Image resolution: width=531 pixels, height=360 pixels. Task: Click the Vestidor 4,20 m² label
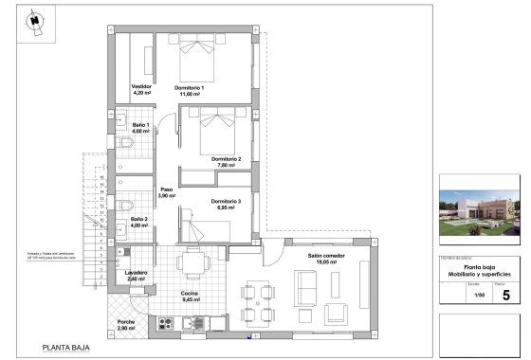pyautogui.click(x=142, y=90)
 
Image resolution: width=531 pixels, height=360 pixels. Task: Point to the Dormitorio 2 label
pyautogui.click(x=226, y=161)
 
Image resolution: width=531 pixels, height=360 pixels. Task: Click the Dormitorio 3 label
pyautogui.click(x=226, y=205)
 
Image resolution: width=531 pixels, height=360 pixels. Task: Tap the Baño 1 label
pyautogui.click(x=139, y=128)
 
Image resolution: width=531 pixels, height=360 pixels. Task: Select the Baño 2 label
pyautogui.click(x=139, y=223)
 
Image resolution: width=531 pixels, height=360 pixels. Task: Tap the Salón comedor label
pyautogui.click(x=325, y=259)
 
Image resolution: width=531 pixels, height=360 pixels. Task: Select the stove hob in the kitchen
pyautogui.click(x=166, y=325)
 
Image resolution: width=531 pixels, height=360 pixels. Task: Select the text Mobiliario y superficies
pyautogui.click(x=481, y=274)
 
